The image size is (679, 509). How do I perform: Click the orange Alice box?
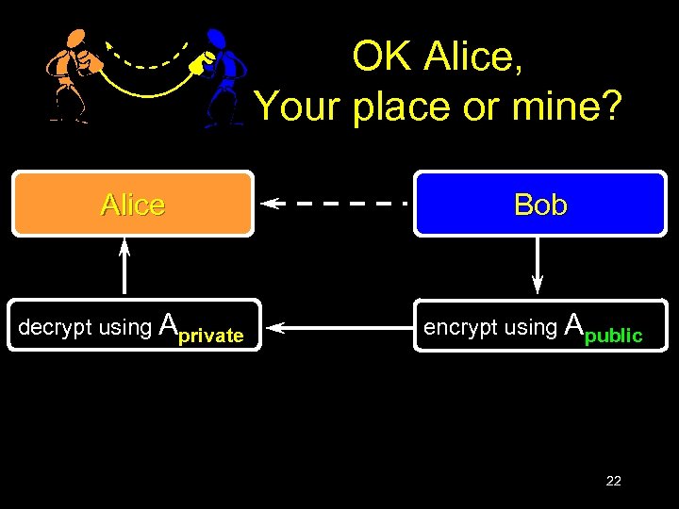[x=132, y=204]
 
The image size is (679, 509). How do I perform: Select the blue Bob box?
[x=540, y=204]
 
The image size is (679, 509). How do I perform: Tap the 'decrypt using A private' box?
[x=132, y=326]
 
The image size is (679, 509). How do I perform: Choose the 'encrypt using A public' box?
[x=539, y=326]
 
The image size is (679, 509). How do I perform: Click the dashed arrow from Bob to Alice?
[x=335, y=203]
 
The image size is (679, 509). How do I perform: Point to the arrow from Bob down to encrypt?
[x=538, y=265]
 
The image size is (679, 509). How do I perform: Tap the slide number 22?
[x=613, y=481]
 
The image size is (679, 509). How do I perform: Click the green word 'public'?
[x=613, y=336]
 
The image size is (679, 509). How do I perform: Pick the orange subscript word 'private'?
[x=211, y=336]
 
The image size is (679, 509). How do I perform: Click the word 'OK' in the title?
[x=383, y=57]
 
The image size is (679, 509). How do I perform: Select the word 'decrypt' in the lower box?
[x=55, y=328]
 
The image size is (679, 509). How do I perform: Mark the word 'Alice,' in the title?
[x=473, y=58]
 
